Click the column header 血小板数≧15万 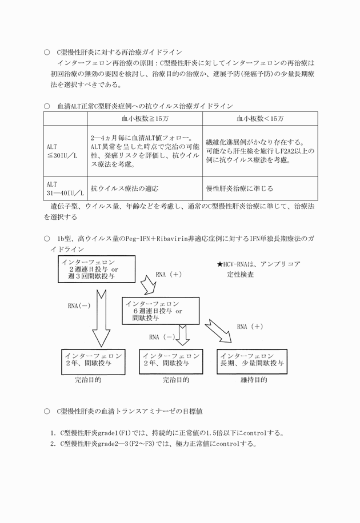(145, 119)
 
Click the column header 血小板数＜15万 (260, 119)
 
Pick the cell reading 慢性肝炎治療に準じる (239, 188)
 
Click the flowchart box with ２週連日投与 (97, 269)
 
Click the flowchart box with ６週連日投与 (161, 311)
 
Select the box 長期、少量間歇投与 (252, 361)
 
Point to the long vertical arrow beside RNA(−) (101, 319)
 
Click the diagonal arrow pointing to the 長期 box (219, 331)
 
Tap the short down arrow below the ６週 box (183, 335)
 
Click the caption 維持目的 (254, 380)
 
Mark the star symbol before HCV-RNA (220, 264)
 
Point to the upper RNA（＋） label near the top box (169, 275)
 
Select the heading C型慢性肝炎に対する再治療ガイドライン (120, 53)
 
